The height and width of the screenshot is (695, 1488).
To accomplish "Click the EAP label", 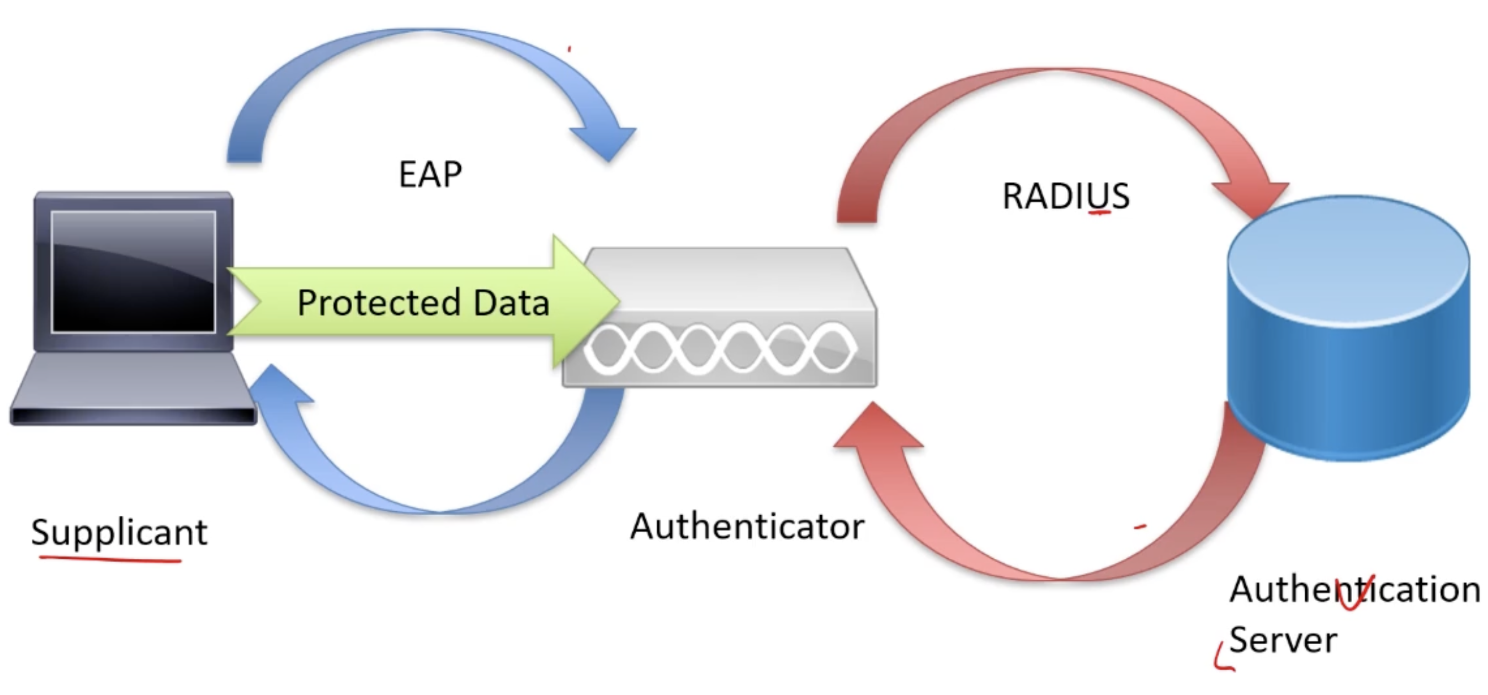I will tap(431, 174).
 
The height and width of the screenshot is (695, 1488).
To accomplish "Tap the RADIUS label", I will tap(1066, 196).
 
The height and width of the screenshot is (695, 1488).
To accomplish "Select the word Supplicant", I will tap(119, 532).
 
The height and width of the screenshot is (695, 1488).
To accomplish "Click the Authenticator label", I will tap(747, 526).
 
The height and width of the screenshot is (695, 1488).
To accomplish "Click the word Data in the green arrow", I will tap(511, 302).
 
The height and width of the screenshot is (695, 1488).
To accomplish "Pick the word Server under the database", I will tap(1283, 640).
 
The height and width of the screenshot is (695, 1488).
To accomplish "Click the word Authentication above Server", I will tap(1354, 589).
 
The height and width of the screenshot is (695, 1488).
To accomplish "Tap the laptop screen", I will tap(134, 271).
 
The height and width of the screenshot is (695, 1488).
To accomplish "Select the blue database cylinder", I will tap(1349, 329).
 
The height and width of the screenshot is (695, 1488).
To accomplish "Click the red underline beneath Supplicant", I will tap(110, 559).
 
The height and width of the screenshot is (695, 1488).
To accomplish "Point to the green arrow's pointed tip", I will tap(617, 301).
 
